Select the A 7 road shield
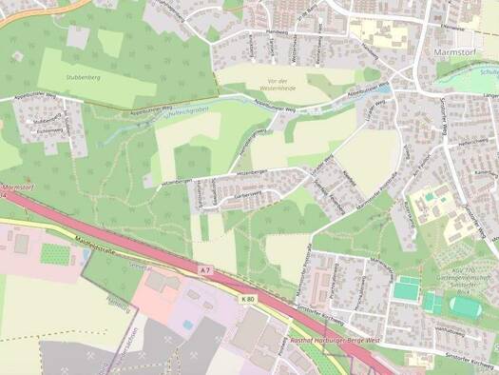pos(205,272)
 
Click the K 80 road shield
pos(248,301)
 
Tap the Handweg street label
pos(277,30)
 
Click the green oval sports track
pos(464,306)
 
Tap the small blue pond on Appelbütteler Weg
pos(385,89)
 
